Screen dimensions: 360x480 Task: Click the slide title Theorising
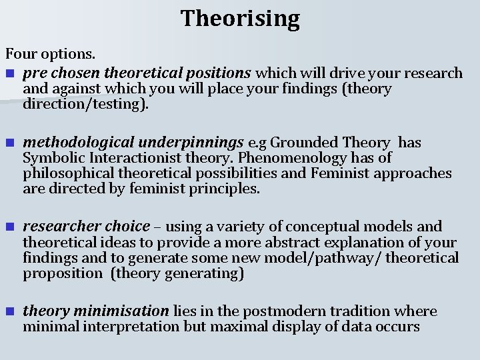click(240, 18)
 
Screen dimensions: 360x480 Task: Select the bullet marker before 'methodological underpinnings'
click(9, 143)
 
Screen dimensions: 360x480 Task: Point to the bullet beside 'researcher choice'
click(9, 227)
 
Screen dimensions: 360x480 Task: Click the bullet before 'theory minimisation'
click(9, 311)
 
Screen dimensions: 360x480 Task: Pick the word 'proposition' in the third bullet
click(61, 273)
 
